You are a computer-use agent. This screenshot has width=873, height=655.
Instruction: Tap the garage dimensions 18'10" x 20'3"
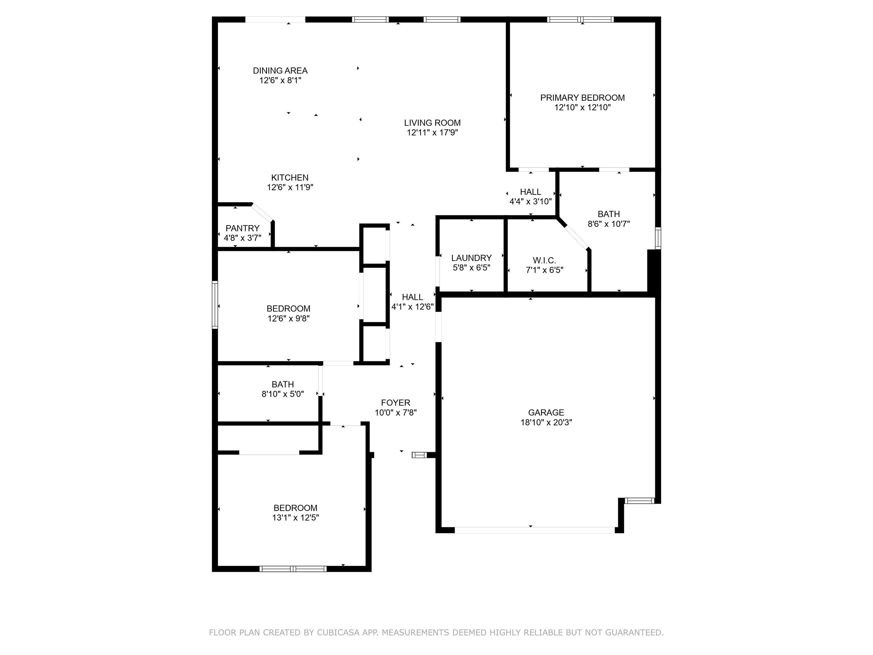point(546,422)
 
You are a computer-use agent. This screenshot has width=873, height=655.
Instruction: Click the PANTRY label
point(242,228)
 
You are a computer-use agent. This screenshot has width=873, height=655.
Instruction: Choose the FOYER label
point(396,403)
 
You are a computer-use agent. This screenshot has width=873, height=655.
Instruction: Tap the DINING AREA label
point(280,71)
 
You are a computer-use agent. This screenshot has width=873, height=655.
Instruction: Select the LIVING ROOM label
point(432,123)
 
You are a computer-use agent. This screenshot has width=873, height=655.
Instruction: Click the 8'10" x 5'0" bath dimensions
point(282,394)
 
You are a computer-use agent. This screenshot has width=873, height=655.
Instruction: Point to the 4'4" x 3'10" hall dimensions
point(531,201)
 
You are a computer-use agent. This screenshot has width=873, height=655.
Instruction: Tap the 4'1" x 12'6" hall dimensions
point(412,307)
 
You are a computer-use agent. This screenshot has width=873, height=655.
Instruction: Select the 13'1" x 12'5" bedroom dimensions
point(295,518)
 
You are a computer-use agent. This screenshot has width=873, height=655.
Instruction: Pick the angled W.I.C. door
point(574,237)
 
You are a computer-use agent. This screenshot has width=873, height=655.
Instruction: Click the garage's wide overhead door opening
point(535,530)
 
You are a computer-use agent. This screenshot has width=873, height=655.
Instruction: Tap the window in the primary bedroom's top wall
point(580,19)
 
